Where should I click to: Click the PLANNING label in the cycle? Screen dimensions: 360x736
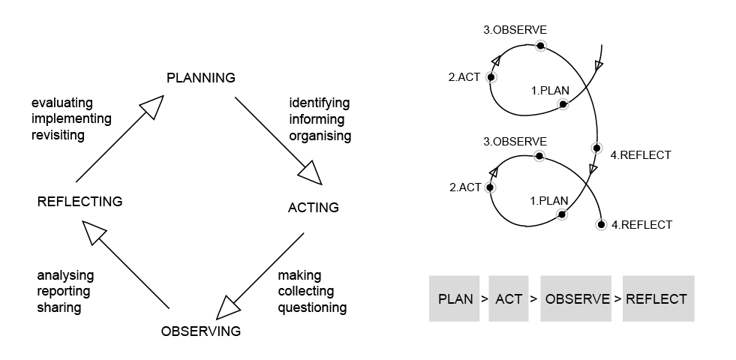[200, 78]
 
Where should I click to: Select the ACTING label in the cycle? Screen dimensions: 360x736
[313, 208]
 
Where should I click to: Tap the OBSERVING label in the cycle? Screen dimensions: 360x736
[201, 331]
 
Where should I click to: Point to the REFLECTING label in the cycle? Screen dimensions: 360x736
[80, 202]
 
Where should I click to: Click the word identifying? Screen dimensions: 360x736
[320, 103]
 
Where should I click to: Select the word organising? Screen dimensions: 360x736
[320, 136]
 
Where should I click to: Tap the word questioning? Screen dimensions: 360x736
[312, 307]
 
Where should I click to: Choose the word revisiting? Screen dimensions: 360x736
[59, 135]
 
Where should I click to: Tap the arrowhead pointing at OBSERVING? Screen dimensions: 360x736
[229, 307]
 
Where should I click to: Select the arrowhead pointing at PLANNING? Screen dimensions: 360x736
[152, 106]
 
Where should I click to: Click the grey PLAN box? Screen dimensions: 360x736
[455, 299]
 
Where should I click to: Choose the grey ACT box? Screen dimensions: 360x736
[509, 299]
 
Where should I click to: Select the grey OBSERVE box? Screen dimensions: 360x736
[577, 299]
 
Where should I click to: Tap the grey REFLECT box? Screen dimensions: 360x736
[657, 299]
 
